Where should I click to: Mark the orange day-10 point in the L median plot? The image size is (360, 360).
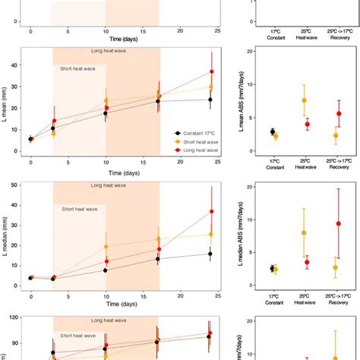click(106, 246)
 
